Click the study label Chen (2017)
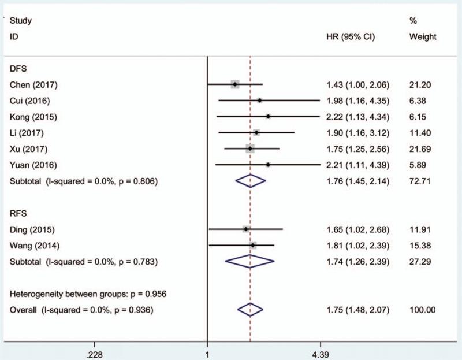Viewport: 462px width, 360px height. (x=34, y=85)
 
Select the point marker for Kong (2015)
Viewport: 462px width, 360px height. (x=268, y=117)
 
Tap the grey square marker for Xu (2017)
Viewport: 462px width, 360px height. (x=250, y=149)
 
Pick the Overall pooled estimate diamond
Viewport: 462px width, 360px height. (x=250, y=310)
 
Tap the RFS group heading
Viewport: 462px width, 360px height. (x=18, y=213)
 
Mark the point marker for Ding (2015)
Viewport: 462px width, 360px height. (x=246, y=229)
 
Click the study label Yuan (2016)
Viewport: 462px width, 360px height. (x=34, y=165)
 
